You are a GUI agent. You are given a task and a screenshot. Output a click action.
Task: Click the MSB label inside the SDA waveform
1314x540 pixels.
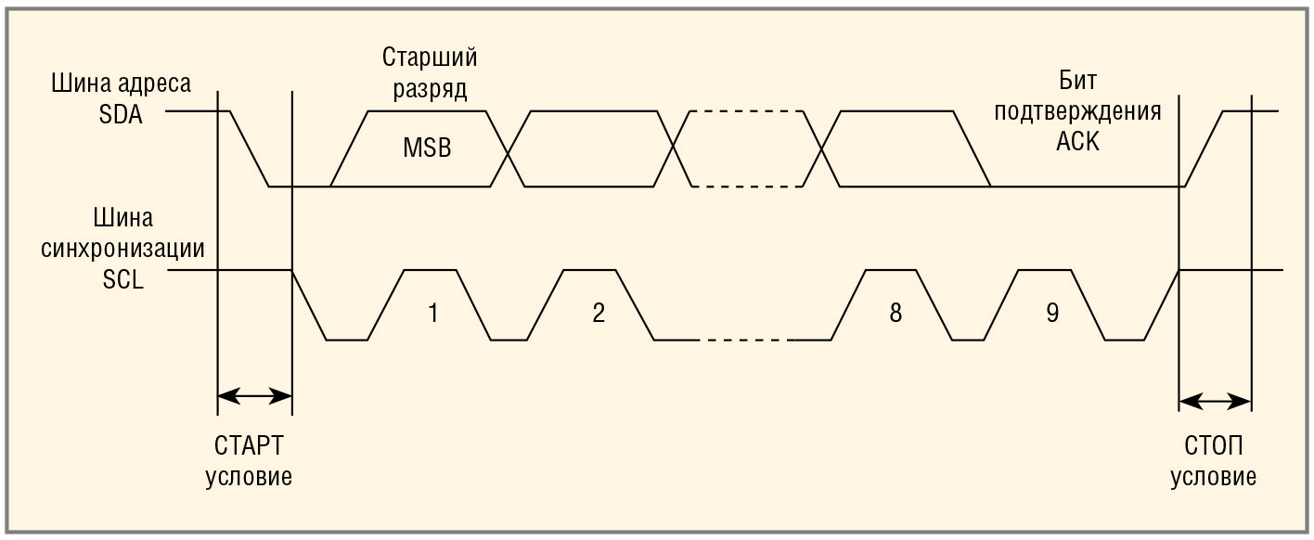427,148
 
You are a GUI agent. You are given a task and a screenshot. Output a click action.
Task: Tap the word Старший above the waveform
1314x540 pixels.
430,58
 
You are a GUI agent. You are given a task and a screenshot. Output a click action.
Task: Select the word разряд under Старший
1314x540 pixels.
430,89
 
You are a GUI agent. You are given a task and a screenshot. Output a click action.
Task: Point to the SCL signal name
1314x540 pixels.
123,279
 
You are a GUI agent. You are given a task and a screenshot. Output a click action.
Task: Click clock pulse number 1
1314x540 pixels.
432,313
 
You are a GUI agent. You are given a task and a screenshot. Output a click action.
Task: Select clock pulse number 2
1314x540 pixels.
599,313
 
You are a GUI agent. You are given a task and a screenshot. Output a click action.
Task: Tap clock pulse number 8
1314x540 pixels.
895,313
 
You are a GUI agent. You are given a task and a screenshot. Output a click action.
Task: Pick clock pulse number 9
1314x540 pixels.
1051,313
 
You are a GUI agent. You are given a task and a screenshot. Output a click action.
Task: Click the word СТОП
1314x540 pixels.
1214,446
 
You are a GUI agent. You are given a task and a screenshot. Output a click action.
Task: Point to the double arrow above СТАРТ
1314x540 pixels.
254,396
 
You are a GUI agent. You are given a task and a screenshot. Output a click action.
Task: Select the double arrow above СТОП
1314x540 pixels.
1215,402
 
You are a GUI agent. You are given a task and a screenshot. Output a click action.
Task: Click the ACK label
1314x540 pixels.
1077,143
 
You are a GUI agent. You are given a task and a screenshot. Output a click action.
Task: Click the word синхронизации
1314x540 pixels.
123,249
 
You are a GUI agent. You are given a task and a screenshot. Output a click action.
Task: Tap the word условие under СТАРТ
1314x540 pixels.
249,477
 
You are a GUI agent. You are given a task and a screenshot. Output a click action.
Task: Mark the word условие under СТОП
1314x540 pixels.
1214,477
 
